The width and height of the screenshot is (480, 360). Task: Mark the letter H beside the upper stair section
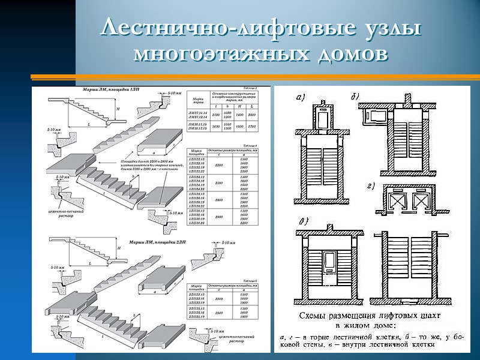118,109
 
